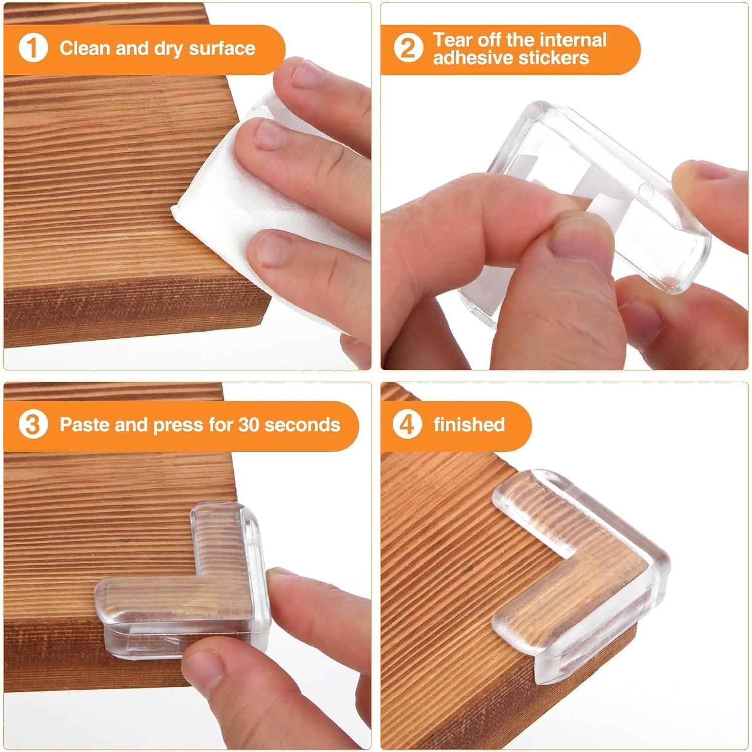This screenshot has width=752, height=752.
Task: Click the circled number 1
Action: click(x=33, y=49)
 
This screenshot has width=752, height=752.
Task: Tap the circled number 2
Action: click(x=407, y=49)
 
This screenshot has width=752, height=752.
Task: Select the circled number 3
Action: click(x=33, y=425)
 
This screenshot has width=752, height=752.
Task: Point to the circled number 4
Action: click(x=407, y=425)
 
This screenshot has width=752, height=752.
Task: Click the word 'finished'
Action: click(x=469, y=425)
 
